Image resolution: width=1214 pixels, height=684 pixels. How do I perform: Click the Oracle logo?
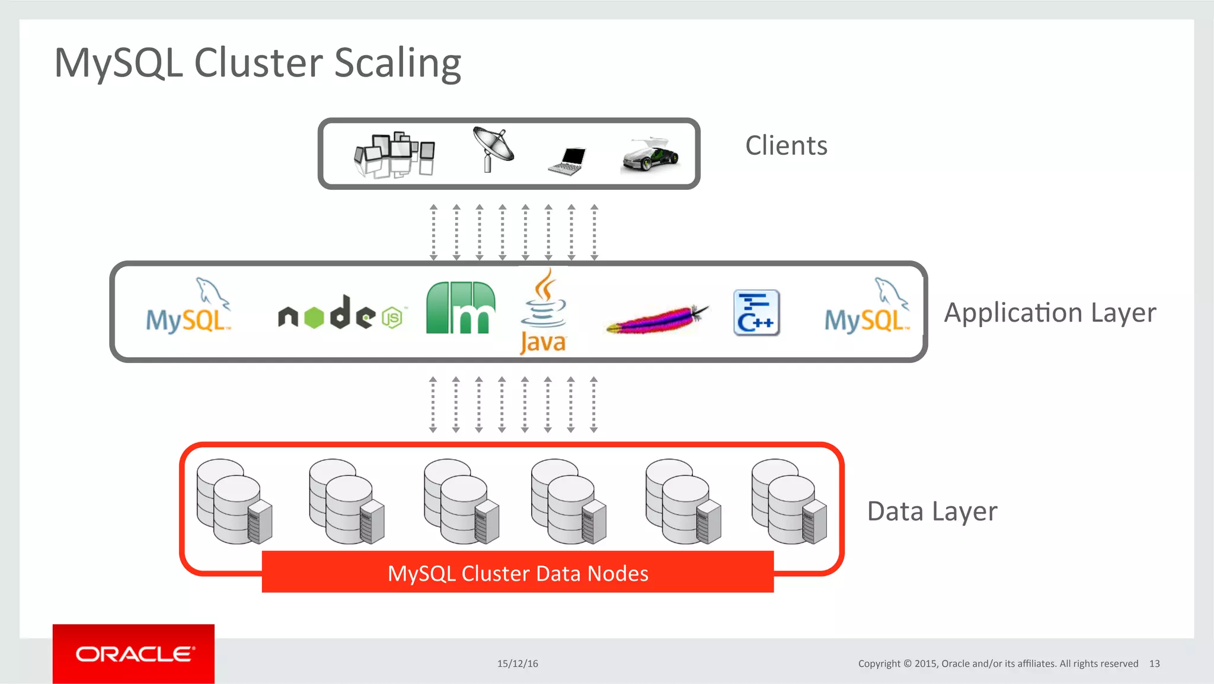pos(134,654)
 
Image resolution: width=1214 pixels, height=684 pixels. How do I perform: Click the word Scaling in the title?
pos(397,63)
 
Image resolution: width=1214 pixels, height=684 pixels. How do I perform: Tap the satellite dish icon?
pos(493,148)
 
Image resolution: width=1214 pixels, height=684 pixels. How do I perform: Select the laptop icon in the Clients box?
pos(567,161)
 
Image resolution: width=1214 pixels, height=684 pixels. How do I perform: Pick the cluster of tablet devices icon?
pos(394,154)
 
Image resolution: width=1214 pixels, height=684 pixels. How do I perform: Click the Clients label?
pos(786,146)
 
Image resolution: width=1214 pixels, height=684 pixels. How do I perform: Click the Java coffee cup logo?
pos(543,312)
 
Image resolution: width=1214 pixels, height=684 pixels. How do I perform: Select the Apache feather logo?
pos(657,319)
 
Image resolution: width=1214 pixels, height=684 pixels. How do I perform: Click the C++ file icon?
pos(756,313)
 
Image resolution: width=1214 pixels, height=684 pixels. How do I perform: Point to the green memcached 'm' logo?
pos(461,308)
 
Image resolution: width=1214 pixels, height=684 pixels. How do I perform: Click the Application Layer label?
pos(1050,313)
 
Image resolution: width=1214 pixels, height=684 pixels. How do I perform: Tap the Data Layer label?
pos(932,511)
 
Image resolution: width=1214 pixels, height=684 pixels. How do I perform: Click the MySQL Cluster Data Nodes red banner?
pos(517,572)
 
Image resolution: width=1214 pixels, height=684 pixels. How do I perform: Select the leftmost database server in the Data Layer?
pos(235,501)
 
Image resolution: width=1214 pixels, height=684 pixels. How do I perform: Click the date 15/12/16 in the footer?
pos(517,664)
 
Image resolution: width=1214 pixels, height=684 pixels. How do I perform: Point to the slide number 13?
pos(1154,664)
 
